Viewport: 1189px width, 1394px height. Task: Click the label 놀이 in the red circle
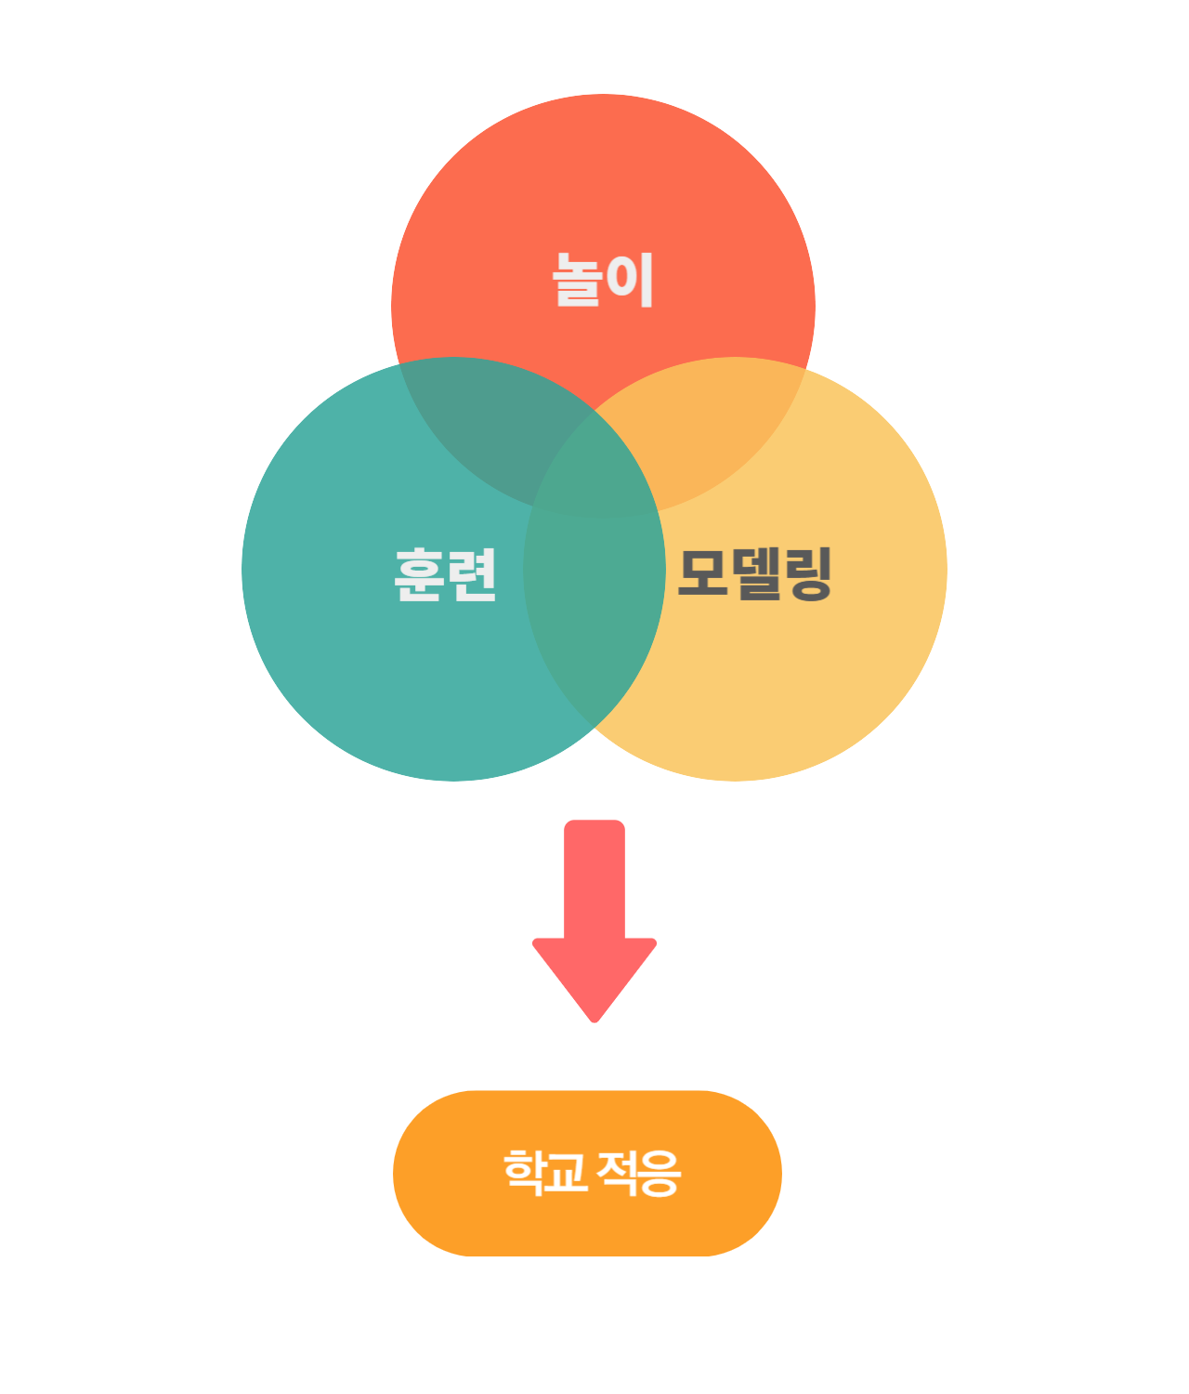click(x=604, y=280)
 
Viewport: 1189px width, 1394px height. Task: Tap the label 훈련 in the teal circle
click(x=446, y=575)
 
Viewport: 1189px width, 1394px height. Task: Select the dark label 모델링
click(x=754, y=573)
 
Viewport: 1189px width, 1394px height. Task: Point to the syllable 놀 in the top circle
click(x=578, y=280)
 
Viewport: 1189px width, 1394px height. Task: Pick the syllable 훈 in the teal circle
click(x=420, y=575)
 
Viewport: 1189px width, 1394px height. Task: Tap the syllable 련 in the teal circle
click(x=472, y=575)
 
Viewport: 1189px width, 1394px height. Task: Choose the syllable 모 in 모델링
click(x=702, y=573)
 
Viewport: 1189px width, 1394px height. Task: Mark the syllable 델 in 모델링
click(x=754, y=573)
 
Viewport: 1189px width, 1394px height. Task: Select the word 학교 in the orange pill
click(x=545, y=1172)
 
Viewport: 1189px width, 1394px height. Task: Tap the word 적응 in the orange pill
click(x=639, y=1173)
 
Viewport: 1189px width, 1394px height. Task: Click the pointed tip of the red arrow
click(x=594, y=1019)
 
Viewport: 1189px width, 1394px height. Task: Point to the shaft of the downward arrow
click(x=594, y=878)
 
